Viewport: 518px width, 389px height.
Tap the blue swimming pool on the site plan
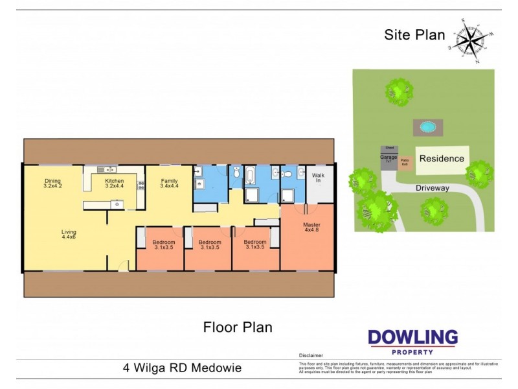(x=425, y=127)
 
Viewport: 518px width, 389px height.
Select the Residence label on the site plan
(x=442, y=158)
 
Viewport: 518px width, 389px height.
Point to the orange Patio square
(x=405, y=162)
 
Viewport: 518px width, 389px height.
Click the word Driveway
(x=433, y=187)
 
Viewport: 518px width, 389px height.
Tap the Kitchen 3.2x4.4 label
(x=115, y=183)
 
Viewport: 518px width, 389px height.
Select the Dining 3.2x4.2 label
(x=52, y=183)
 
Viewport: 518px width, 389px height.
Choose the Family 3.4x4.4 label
(x=169, y=183)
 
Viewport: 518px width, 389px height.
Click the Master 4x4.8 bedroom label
(x=312, y=230)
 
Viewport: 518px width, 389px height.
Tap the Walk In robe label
(x=319, y=178)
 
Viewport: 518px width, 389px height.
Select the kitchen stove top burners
(x=141, y=183)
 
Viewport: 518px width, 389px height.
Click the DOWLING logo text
(x=412, y=338)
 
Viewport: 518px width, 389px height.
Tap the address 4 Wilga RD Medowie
(x=182, y=368)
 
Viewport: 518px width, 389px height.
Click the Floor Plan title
(x=238, y=327)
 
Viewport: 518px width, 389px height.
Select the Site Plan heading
(x=414, y=34)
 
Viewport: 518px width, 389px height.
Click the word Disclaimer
(x=311, y=356)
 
